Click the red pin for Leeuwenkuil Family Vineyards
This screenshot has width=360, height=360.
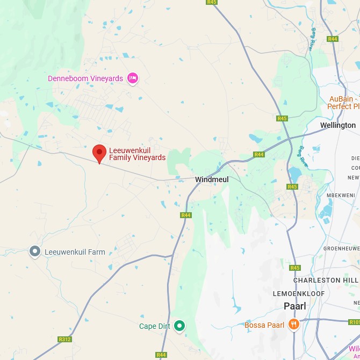coord(99,153)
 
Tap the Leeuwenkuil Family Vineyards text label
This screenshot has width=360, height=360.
coord(137,154)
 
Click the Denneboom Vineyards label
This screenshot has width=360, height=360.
coord(85,78)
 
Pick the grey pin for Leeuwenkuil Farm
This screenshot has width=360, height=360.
coord(35,251)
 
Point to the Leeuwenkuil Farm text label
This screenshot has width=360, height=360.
coord(75,252)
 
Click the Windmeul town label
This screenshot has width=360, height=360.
coord(212,179)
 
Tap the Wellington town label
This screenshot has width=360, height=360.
coord(337,125)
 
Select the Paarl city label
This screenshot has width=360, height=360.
coord(294,306)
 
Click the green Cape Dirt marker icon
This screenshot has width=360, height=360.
coord(180,326)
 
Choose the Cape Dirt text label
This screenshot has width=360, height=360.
coord(155,326)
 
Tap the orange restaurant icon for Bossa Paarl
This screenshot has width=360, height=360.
coord(293,324)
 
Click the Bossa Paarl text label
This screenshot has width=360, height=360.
coord(264,325)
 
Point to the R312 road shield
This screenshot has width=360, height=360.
coord(64,339)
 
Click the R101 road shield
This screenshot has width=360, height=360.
coord(354,322)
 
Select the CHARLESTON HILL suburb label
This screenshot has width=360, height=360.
coord(326,280)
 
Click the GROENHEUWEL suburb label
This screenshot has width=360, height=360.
coord(341,249)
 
